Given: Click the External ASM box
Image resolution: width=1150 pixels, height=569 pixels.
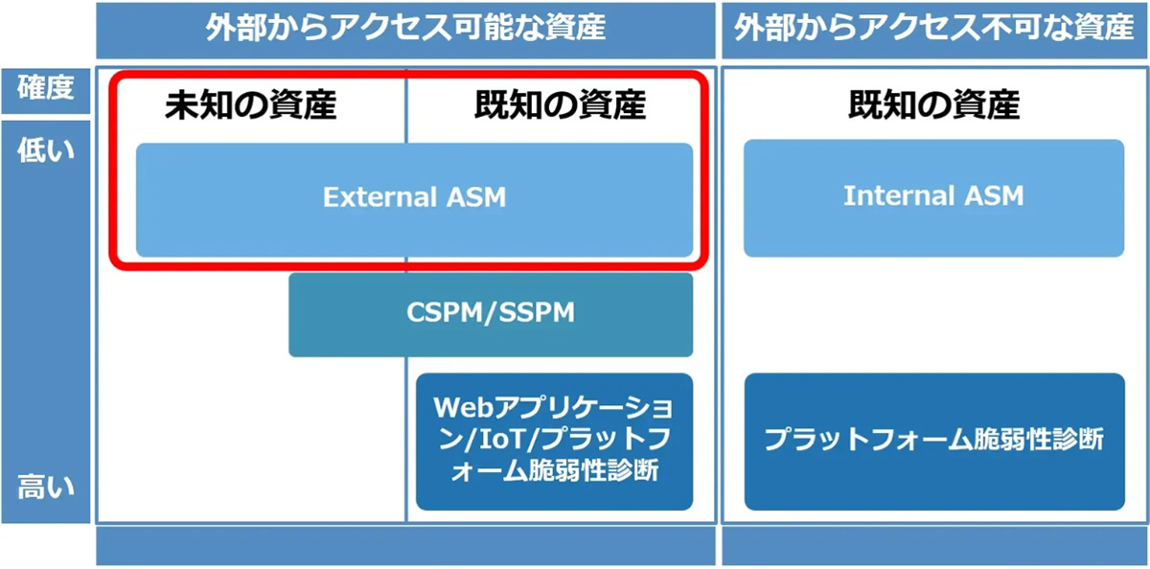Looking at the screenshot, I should [x=414, y=199].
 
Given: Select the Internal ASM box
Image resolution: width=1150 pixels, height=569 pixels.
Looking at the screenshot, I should [x=933, y=197].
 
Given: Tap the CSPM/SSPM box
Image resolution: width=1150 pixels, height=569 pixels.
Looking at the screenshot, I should [x=491, y=314].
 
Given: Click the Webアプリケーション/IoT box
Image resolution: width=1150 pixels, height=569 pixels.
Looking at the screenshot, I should [x=554, y=441].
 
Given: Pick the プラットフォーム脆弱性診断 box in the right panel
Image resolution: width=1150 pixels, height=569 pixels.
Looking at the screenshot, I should [x=933, y=441].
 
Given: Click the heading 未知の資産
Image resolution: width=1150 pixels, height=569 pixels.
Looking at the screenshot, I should [x=251, y=105].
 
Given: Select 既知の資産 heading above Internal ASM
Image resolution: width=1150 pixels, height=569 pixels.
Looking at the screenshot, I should [x=933, y=105].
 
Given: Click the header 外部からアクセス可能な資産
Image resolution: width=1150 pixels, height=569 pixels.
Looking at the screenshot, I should [x=405, y=29].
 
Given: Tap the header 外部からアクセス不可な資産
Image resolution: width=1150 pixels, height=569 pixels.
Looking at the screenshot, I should [x=933, y=29].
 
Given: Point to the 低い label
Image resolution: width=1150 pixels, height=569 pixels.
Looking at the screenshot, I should [x=46, y=150].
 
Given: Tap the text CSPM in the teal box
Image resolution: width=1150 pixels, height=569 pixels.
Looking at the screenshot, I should [x=444, y=314].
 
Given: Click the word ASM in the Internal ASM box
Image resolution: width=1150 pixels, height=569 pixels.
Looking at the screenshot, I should [x=992, y=196].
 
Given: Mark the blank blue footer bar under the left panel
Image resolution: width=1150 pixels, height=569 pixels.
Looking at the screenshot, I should [x=405, y=546].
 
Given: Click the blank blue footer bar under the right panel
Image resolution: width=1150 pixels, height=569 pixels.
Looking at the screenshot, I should [x=933, y=546].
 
